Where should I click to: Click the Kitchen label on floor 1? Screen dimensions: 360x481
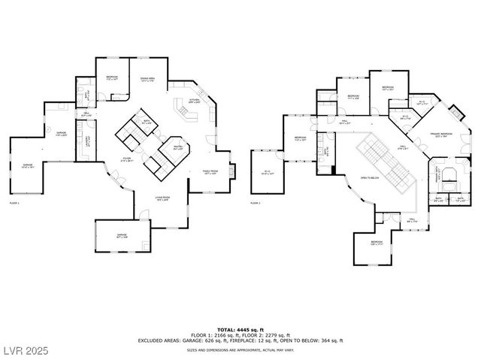(x=193, y=100)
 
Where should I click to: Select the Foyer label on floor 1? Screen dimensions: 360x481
(x=128, y=159)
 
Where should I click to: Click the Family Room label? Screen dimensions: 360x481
(x=210, y=171)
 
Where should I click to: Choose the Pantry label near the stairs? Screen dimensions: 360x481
(x=177, y=147)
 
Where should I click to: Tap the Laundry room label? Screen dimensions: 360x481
(x=89, y=140)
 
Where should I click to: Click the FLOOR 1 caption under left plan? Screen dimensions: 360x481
(x=14, y=203)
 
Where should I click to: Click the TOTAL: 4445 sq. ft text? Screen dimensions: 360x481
(x=240, y=330)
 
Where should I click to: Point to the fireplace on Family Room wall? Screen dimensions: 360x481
(x=231, y=172)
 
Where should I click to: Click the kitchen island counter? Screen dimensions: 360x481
(x=185, y=112)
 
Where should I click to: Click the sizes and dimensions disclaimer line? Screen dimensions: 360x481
(x=240, y=349)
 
